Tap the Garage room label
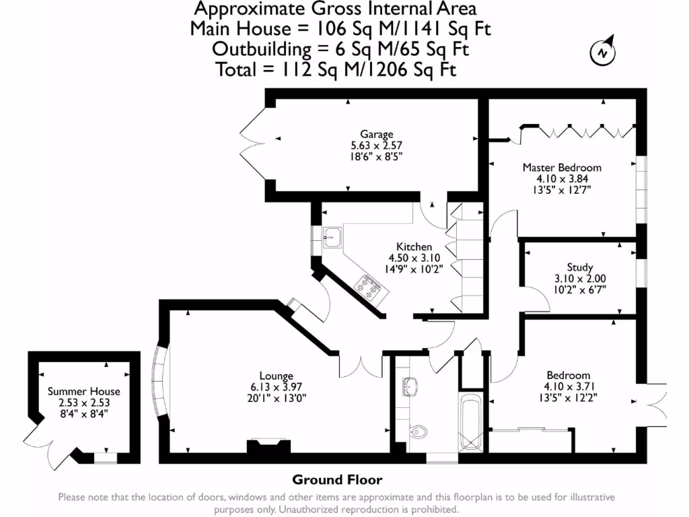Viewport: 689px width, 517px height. tap(376, 134)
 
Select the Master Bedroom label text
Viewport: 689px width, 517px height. tap(562, 168)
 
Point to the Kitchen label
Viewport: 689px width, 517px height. tap(414, 247)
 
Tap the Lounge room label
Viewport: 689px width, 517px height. tap(276, 376)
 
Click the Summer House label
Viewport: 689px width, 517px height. tap(84, 391)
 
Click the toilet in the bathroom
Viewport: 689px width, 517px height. tap(420, 430)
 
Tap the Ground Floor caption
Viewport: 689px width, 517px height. tap(336, 480)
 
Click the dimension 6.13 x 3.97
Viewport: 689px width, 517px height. tap(276, 386)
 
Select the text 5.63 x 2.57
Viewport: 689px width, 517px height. tap(376, 145)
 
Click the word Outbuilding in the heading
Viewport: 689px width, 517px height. tap(257, 49)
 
